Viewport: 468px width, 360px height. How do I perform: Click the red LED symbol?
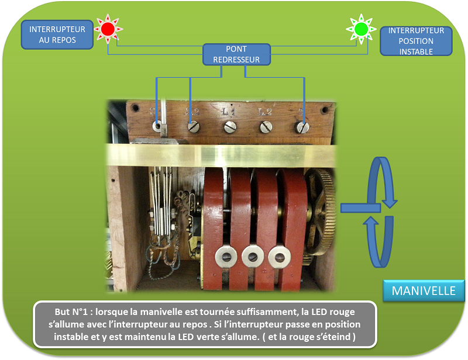[107, 29]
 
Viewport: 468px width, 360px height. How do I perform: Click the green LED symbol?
[361, 28]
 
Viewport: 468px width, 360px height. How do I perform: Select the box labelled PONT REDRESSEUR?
[236, 54]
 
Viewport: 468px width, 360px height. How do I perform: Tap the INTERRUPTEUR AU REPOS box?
[57, 35]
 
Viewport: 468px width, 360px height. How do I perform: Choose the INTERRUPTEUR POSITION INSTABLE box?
[416, 41]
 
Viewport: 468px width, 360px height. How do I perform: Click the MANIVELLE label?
[424, 291]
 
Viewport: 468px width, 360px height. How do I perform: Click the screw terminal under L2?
[266, 126]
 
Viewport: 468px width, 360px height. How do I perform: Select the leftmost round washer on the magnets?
[225, 255]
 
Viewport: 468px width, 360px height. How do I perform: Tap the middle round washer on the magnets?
[252, 255]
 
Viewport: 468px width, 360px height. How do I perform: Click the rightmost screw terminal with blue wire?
[302, 126]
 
